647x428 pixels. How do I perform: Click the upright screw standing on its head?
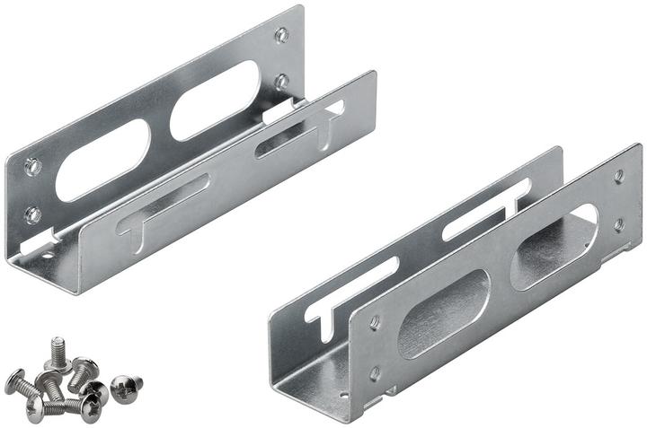pyautogui.click(x=58, y=351)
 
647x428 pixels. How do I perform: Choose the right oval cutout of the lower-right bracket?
pyautogui.click(x=554, y=246)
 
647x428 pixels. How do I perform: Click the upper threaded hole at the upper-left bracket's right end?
pyautogui.click(x=281, y=36)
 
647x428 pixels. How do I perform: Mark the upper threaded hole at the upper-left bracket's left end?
pyautogui.click(x=32, y=166)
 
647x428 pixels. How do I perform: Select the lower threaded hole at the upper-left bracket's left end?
pyautogui.click(x=32, y=214)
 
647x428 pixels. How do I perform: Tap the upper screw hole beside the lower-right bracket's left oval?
pyautogui.click(x=375, y=321)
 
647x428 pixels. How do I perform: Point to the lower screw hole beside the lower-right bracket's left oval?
pyautogui.click(x=375, y=371)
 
